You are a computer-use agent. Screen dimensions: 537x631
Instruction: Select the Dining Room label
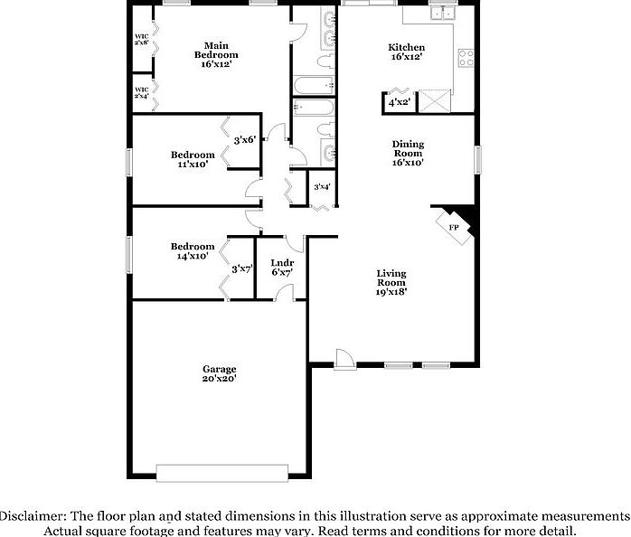[408, 154]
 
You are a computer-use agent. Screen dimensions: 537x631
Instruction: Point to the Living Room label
[391, 282]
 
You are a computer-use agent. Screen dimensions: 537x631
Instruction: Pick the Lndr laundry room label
[282, 267]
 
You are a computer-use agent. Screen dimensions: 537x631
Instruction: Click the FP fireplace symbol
[455, 227]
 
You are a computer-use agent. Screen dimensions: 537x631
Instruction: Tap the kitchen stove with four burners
[466, 59]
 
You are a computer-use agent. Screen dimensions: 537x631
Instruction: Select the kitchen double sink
[443, 13]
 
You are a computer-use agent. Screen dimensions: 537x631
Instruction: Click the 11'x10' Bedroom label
[193, 159]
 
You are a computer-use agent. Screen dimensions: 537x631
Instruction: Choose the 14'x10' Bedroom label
[193, 251]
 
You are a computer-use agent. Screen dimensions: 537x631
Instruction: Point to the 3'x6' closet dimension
[244, 140]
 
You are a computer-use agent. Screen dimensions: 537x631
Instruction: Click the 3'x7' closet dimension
[240, 268]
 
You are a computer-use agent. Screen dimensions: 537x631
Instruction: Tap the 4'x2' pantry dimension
[399, 102]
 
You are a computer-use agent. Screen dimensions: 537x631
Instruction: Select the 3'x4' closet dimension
[321, 187]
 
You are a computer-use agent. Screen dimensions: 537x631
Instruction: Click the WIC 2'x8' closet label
[142, 39]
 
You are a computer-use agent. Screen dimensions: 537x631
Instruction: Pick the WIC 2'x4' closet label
[142, 92]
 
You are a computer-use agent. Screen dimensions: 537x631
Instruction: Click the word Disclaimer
[31, 514]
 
